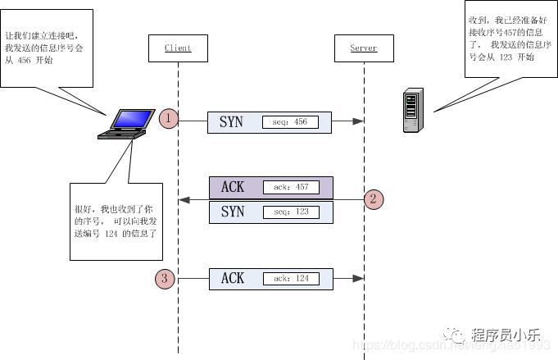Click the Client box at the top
click(178, 48)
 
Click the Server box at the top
click(364, 48)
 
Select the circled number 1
click(169, 118)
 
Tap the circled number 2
click(374, 198)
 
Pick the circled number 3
click(165, 279)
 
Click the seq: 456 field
click(290, 122)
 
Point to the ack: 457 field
click(291, 188)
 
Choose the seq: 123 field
click(291, 212)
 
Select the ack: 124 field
click(291, 279)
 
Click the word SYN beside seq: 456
click(231, 122)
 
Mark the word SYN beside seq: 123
click(233, 212)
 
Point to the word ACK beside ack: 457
click(233, 188)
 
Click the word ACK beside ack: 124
click(233, 279)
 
